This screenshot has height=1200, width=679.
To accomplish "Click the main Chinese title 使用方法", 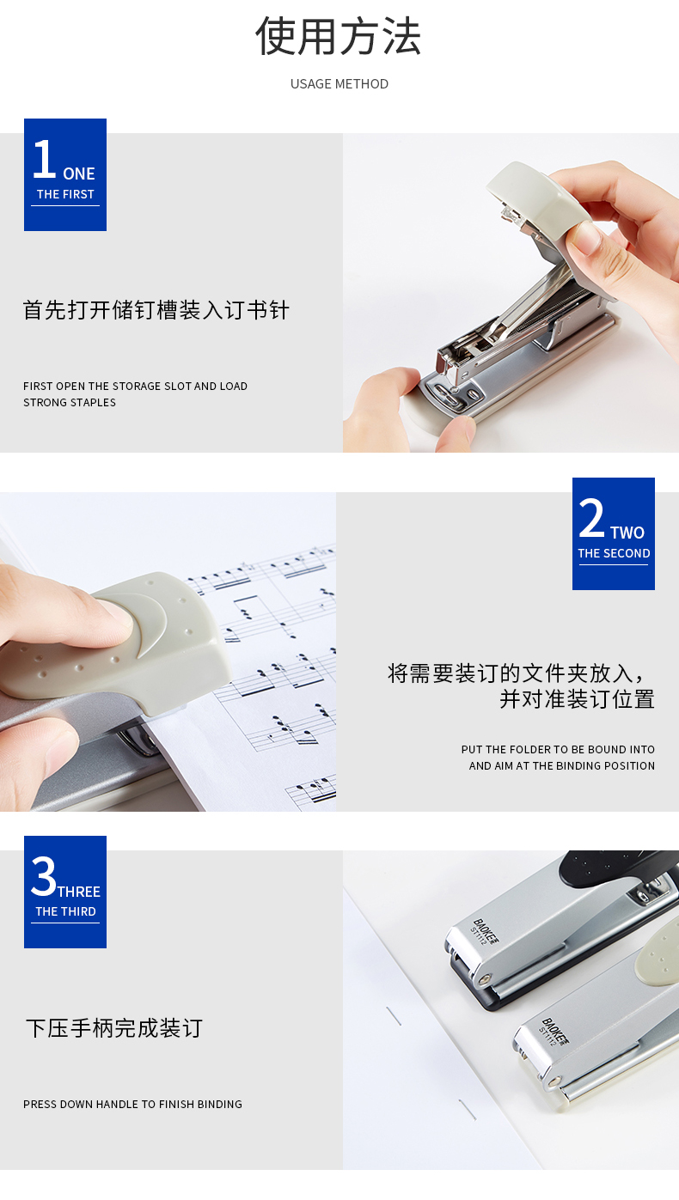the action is [x=338, y=36].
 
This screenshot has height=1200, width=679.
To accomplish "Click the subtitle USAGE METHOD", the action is [x=339, y=84].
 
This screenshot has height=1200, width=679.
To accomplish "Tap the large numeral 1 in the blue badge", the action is [x=45, y=159].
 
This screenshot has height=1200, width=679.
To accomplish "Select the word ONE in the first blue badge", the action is [x=79, y=174].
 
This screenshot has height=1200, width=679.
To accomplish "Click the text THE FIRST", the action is [x=65, y=194].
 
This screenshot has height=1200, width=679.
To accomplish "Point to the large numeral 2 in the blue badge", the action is [x=591, y=517].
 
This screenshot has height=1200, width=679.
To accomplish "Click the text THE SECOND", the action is [x=614, y=553].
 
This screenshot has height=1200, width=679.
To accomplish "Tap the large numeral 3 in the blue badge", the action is [x=44, y=876].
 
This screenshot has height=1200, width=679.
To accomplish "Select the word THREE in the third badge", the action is [x=79, y=892].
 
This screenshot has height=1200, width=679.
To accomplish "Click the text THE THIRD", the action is [x=66, y=911].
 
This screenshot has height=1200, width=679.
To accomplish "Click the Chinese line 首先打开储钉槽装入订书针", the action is [x=156, y=310].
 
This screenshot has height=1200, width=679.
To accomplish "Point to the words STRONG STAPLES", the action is [x=70, y=402].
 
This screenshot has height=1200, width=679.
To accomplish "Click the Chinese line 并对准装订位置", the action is [x=578, y=699].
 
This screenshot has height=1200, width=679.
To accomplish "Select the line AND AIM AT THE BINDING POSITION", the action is [x=561, y=766].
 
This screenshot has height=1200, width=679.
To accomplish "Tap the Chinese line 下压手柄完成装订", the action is [x=114, y=1028].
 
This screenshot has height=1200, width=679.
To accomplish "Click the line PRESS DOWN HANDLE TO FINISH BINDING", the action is [x=132, y=1104].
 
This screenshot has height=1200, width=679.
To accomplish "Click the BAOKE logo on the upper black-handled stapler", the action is [x=486, y=931].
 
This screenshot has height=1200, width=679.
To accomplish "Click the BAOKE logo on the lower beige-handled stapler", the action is [x=555, y=1031].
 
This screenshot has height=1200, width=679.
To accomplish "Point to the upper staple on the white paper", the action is [x=394, y=1015].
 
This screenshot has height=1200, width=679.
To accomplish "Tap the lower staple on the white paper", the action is [x=468, y=1110].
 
